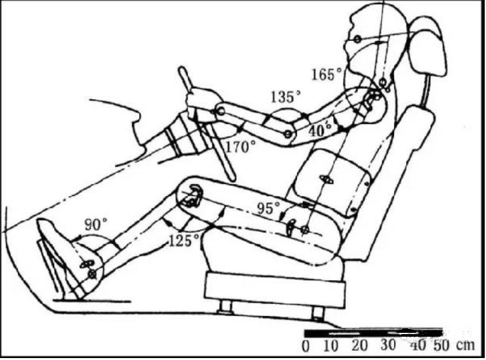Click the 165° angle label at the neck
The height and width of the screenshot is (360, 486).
[326, 74]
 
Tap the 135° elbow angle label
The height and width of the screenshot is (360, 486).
[285, 98]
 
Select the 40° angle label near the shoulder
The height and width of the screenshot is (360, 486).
[316, 130]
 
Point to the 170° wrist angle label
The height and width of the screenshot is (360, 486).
[241, 147]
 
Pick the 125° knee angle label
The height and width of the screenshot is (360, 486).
[184, 241]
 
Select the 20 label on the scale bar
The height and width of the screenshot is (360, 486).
[359, 344]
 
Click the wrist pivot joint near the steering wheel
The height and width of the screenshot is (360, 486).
[220, 112]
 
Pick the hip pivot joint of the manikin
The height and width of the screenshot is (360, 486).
[305, 230]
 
